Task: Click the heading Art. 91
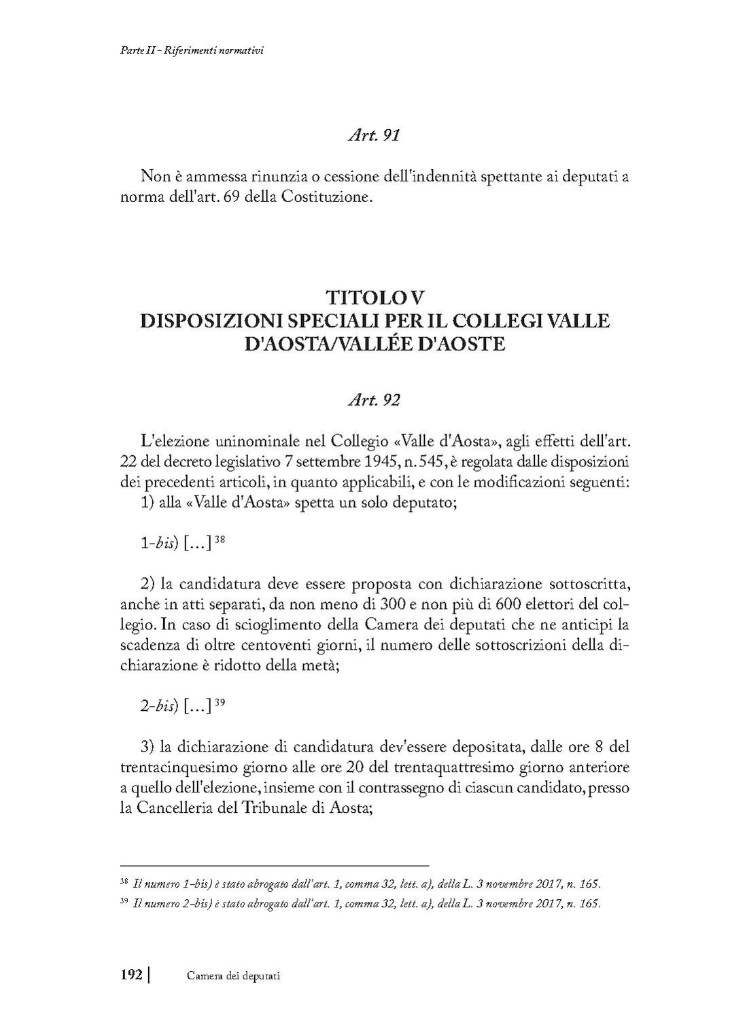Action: click(x=373, y=135)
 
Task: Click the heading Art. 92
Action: click(x=373, y=400)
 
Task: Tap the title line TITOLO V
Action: click(x=375, y=298)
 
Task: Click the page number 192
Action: click(x=131, y=975)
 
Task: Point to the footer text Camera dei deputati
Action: click(x=233, y=976)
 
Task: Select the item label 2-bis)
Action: click(x=159, y=705)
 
